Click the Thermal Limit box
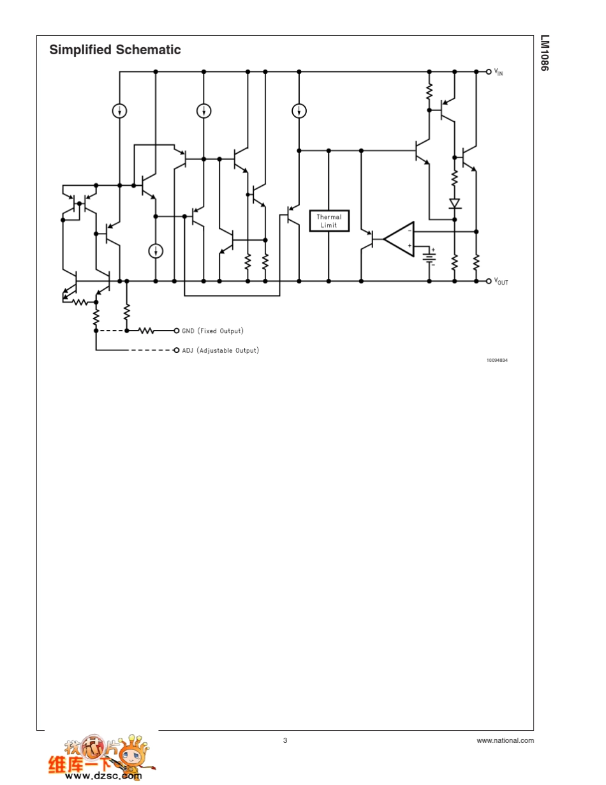329,221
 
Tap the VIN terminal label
498,72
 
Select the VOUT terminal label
501,281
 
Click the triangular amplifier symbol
399,239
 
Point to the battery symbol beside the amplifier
429,257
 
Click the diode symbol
454,204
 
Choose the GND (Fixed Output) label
212,331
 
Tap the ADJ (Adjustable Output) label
221,350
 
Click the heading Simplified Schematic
115,50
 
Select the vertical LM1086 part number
545,53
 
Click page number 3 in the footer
285,740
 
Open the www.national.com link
505,740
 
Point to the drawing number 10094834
497,360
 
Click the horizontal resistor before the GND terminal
147,331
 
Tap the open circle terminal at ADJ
177,350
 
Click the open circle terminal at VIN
489,72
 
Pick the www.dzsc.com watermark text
103,775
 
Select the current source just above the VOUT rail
156,251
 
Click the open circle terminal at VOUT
489,281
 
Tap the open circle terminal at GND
177,331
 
